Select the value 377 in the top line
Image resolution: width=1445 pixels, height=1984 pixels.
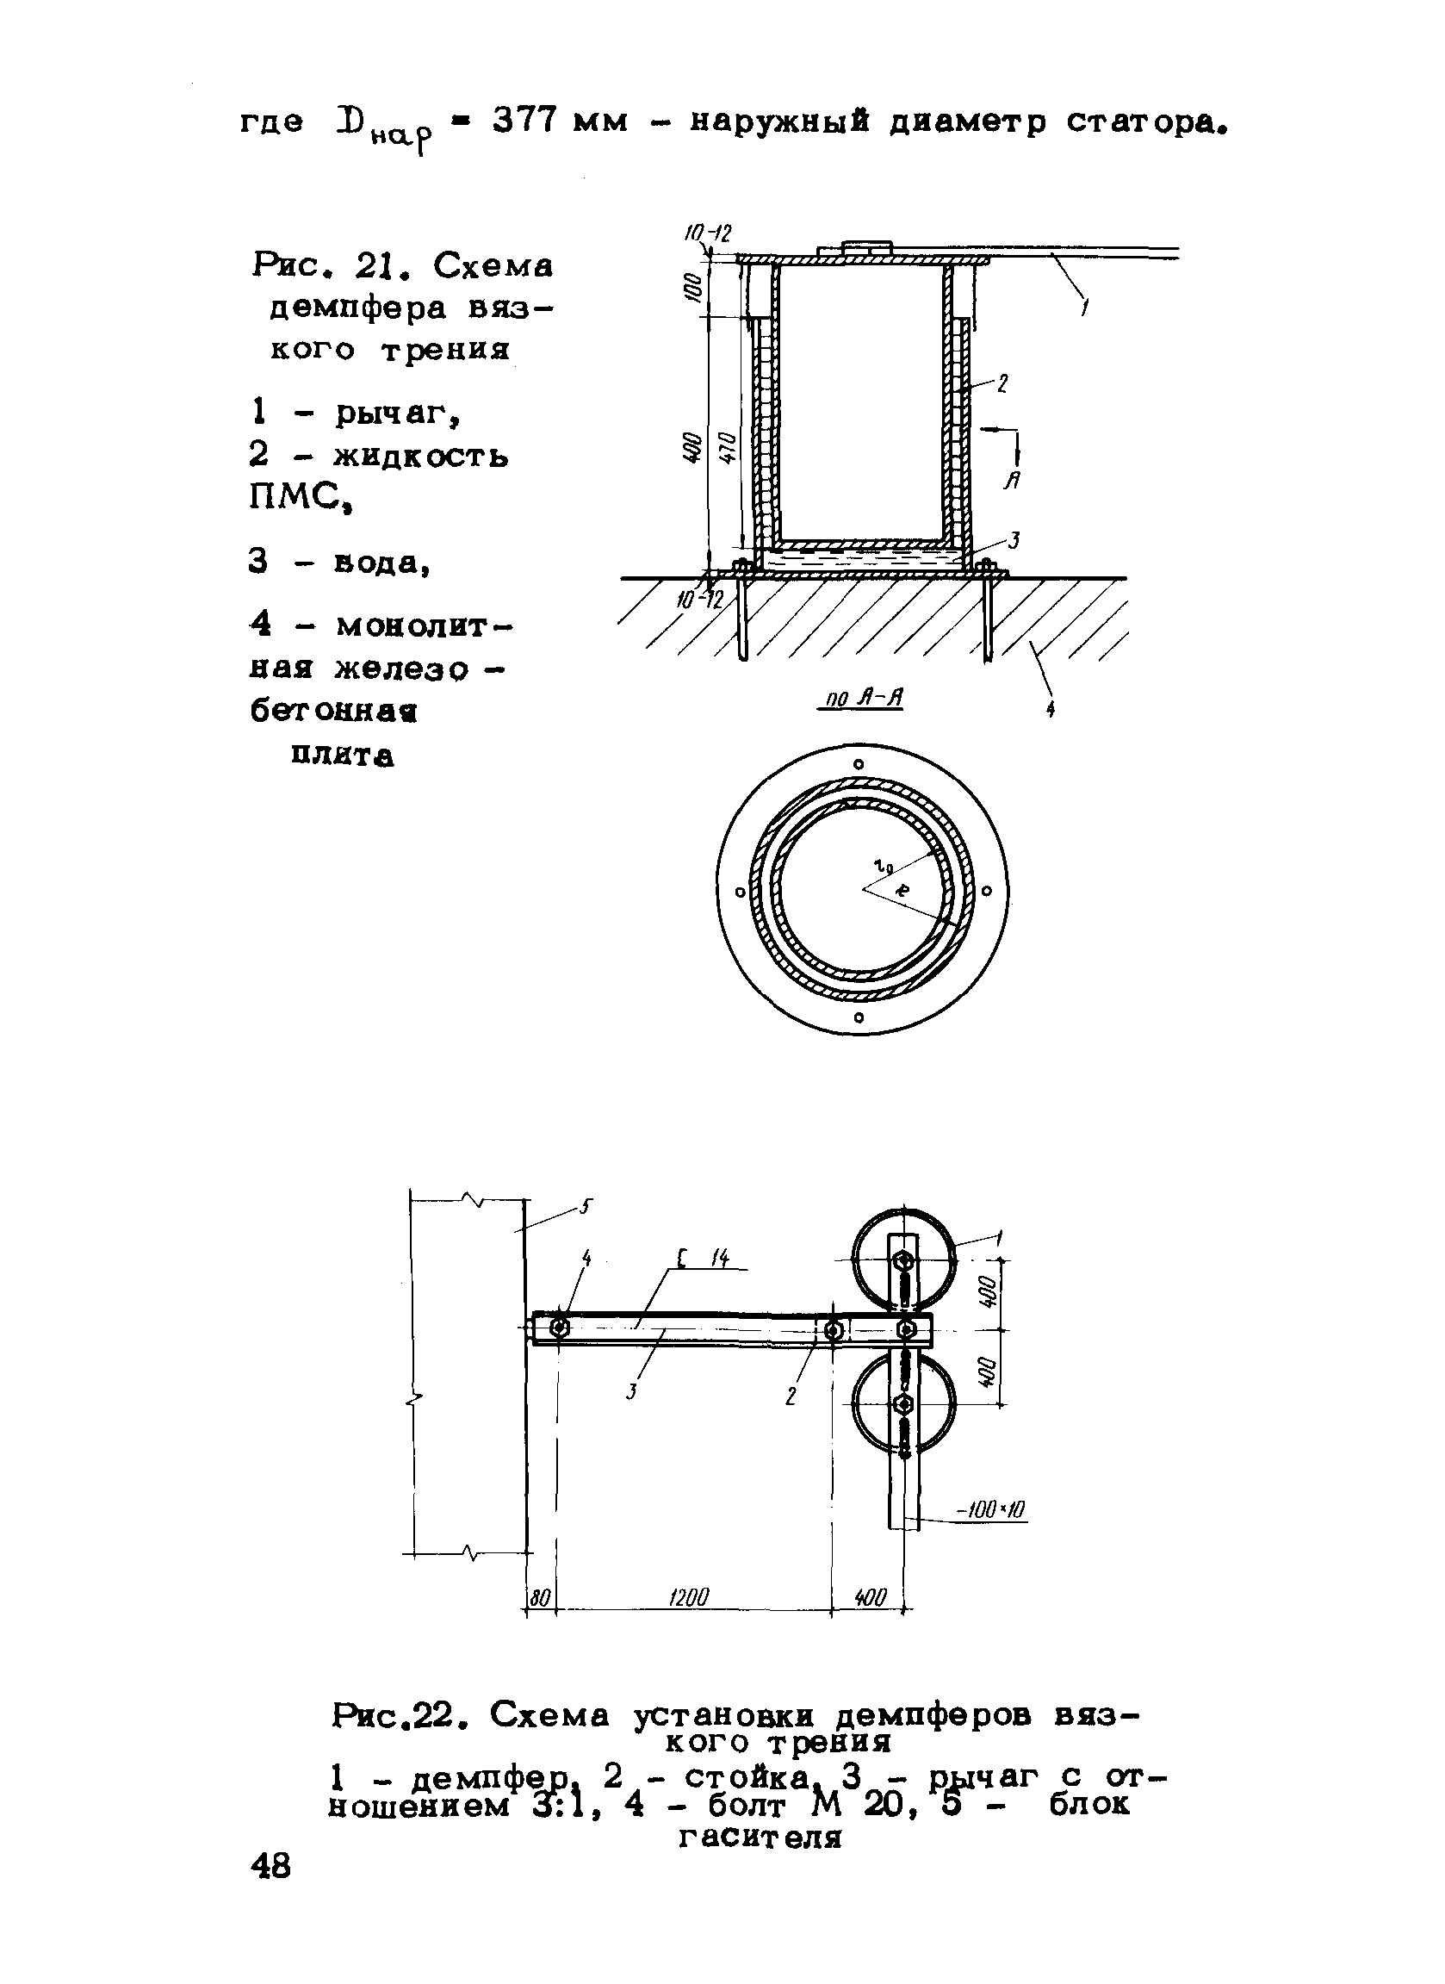pos(524,121)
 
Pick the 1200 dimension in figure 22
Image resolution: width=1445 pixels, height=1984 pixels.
pos(687,1597)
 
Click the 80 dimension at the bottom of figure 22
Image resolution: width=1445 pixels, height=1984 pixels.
pos(541,1597)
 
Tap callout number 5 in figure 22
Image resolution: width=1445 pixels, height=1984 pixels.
pos(586,1208)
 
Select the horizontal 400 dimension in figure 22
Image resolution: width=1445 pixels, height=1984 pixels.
pos(870,1597)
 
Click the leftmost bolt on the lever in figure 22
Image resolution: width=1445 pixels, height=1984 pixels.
pos(559,1328)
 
